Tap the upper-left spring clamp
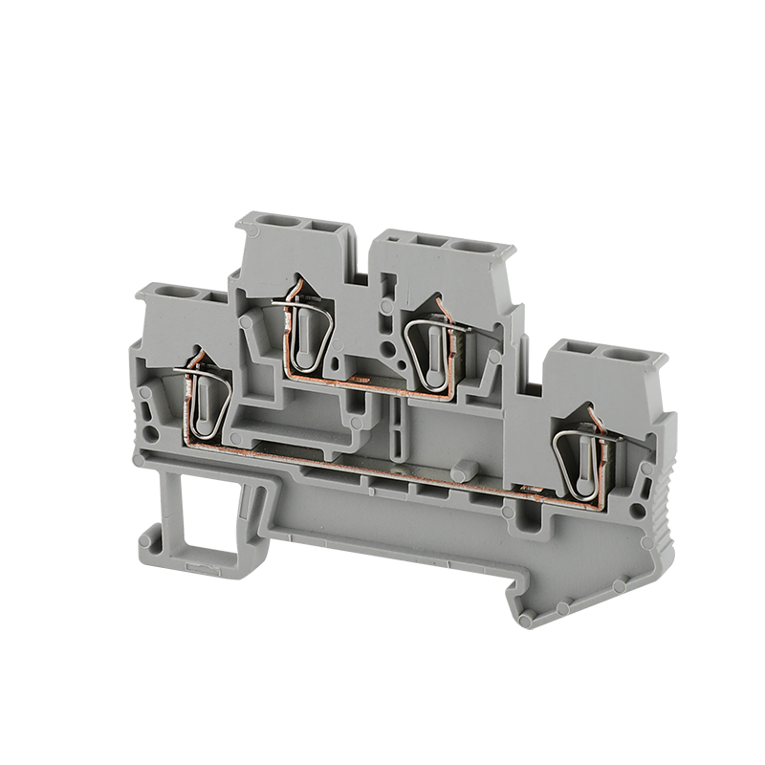(x=305, y=335)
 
